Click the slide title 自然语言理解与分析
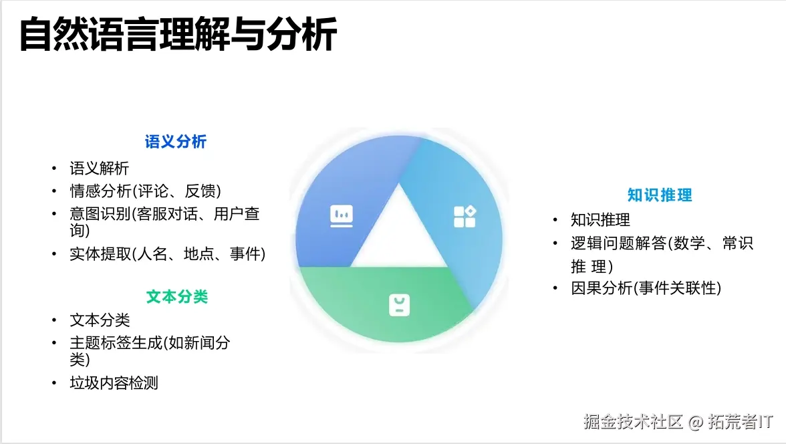(178, 35)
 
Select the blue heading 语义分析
(176, 142)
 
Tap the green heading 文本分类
(177, 297)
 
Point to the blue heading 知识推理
(660, 195)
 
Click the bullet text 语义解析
(100, 169)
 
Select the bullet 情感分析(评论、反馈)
(145, 191)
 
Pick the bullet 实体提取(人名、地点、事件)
(168, 254)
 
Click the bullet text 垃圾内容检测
(114, 383)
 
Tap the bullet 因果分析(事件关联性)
(646, 288)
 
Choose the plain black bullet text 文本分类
(100, 320)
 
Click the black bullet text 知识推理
(600, 220)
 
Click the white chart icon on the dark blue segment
(342, 215)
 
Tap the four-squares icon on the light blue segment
(465, 216)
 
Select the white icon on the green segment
(399, 305)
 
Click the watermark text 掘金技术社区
(633, 422)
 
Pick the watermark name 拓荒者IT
(741, 422)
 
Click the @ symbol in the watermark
(696, 423)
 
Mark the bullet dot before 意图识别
(55, 214)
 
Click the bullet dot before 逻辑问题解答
(555, 244)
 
